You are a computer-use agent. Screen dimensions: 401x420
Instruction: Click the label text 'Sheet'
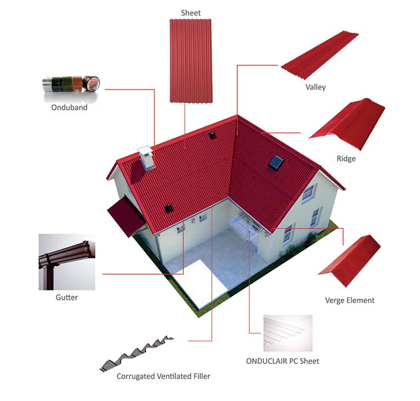191,13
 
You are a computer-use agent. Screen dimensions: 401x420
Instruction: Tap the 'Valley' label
315,87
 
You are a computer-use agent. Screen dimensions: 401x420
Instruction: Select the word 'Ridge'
346,158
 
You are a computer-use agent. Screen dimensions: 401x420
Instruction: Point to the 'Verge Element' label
349,300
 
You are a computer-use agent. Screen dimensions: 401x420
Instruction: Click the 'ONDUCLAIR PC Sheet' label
282,361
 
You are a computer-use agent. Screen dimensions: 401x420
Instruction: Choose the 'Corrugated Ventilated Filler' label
163,376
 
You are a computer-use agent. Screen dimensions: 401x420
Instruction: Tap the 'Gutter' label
67,297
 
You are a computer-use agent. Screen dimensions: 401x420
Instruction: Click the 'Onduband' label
68,107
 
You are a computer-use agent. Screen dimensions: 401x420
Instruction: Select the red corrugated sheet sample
191,60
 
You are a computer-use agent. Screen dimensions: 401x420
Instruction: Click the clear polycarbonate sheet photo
288,333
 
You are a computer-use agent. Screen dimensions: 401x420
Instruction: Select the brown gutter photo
66,261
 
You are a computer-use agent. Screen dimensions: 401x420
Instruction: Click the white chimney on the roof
146,158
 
